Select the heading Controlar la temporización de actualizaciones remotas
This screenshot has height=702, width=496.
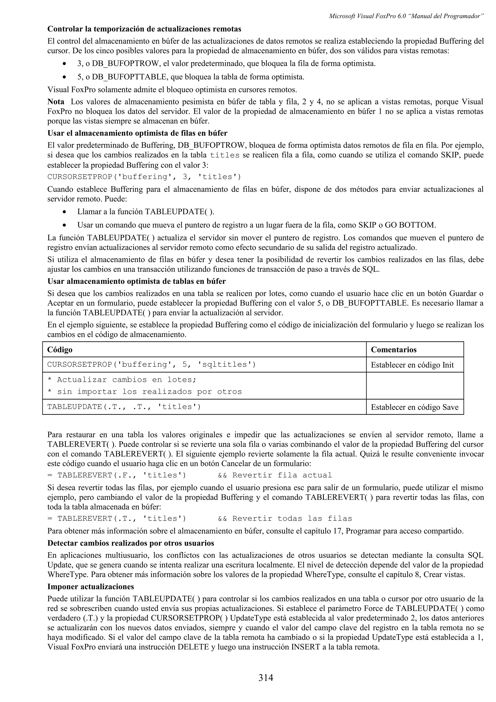144,29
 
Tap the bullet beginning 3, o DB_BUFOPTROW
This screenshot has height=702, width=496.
226,64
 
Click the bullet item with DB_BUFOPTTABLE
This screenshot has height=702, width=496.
191,77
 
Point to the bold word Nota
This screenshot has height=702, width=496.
56,101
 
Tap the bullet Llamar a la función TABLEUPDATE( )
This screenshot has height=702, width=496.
146,211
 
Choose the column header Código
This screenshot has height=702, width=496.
60,350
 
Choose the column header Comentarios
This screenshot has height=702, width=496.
394,350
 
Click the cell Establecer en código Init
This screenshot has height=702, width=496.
412,365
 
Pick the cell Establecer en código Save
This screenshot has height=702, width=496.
414,407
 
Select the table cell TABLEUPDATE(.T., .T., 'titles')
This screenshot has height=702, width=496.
124,407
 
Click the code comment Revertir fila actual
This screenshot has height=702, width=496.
282,475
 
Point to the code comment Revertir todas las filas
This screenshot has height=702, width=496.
292,519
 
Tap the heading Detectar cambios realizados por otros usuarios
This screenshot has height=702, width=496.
131,543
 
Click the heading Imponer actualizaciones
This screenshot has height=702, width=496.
91,586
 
